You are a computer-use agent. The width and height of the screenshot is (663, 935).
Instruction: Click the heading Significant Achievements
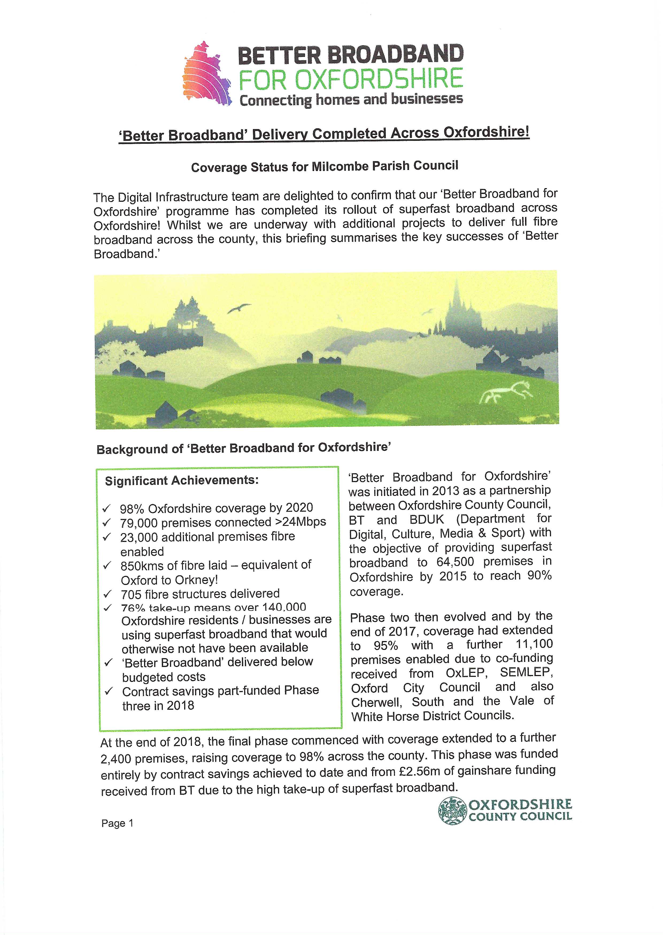tap(182, 480)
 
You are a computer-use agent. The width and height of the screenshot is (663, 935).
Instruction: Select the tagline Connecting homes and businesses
tap(351, 100)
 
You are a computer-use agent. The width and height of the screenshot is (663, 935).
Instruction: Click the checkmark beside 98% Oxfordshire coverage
tap(107, 508)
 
